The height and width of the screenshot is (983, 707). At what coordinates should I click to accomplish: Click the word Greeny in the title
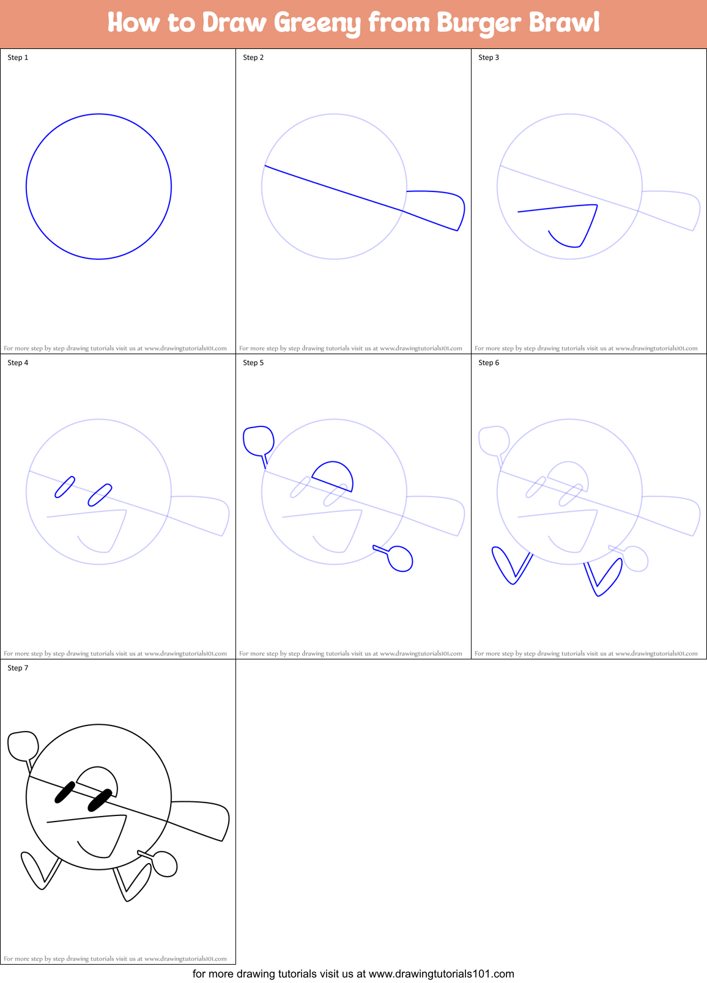pos(317,23)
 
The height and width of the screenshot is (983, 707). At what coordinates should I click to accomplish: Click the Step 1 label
pos(18,57)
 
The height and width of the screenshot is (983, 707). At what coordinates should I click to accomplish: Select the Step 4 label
pos(18,363)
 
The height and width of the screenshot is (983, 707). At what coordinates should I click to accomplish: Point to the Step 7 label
pos(18,668)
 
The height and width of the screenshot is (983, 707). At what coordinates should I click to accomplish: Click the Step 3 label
pos(489,57)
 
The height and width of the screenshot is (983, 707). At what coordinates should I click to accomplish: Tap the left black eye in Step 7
pos(65,792)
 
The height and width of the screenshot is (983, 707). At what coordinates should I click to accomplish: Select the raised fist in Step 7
pos(23,745)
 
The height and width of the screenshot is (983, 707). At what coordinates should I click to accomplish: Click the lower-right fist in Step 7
pos(165,864)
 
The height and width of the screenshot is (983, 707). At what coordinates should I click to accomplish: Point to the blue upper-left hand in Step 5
pos(258,440)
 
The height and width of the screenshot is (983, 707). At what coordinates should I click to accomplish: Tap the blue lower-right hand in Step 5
pos(401,558)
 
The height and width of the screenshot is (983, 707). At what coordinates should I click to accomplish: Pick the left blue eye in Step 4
pos(65,487)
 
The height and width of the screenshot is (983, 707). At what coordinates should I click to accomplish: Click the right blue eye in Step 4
pos(100,495)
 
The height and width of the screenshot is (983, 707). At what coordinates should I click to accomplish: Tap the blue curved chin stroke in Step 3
pos(564,243)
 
